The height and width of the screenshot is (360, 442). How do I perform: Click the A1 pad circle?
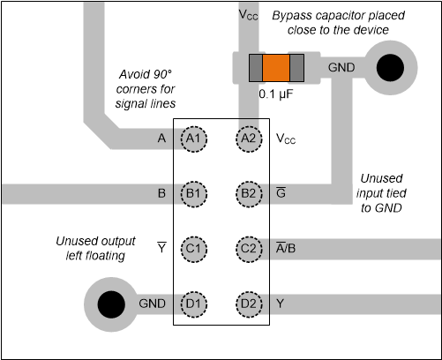point(194,139)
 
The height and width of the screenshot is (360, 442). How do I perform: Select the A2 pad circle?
point(249,139)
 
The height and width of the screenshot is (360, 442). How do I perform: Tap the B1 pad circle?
point(194,193)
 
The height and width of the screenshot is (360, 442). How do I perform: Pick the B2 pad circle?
point(249,193)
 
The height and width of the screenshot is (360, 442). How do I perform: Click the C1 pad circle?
point(194,248)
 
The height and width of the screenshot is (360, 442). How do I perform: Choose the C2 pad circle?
point(249,248)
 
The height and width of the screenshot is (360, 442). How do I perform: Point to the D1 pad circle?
point(194,303)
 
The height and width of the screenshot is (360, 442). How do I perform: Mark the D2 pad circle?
point(249,303)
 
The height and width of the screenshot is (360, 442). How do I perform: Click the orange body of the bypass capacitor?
point(276,68)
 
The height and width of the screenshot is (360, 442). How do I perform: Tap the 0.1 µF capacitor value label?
point(276,93)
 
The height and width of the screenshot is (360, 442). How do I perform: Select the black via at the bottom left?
point(110,304)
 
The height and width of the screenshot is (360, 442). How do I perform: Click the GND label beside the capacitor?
point(341,67)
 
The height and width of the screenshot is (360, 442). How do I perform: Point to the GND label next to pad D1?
point(153,303)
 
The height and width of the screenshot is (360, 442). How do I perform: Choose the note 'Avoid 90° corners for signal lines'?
point(146,89)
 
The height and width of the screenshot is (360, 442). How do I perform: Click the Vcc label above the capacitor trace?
point(249,16)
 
